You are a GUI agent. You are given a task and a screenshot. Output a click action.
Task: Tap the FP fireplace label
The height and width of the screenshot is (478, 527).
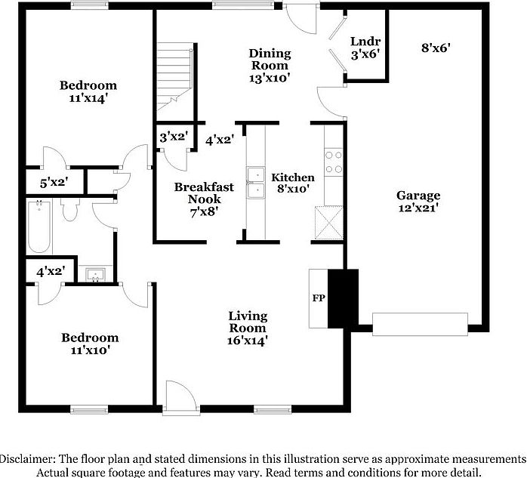click(x=319, y=298)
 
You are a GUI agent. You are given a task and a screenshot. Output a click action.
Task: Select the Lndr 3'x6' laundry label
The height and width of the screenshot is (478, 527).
click(x=364, y=47)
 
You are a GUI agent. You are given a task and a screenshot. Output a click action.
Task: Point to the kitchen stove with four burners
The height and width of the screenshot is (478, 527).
click(x=333, y=162)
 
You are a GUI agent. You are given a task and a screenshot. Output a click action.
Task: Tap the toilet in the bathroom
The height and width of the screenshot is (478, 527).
click(x=70, y=209)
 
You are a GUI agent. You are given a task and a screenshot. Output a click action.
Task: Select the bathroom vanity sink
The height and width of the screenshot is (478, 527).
click(x=96, y=274)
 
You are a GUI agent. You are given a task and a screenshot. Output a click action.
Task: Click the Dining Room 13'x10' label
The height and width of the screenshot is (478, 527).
click(x=270, y=64)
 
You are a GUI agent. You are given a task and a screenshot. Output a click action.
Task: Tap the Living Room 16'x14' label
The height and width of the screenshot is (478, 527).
click(x=248, y=328)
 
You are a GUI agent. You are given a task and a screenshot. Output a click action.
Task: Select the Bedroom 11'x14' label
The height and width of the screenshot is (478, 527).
click(x=88, y=91)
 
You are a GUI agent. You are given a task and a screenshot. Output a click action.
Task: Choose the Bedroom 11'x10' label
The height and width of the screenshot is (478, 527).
click(x=90, y=344)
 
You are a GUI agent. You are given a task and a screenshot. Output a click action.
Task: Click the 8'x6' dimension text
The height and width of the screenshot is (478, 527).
click(x=436, y=47)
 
